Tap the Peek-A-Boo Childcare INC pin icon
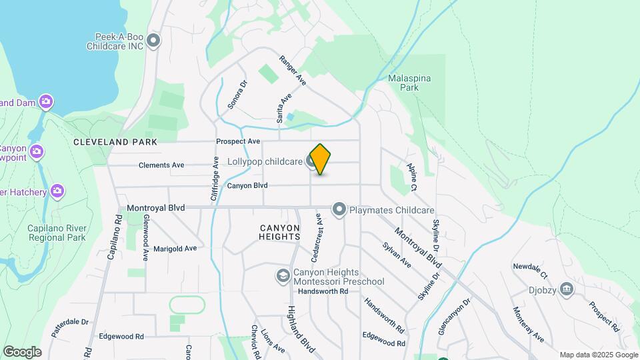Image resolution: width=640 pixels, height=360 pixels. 154,41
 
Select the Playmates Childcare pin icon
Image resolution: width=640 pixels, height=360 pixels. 339,210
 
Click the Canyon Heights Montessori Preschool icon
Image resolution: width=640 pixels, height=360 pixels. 283,275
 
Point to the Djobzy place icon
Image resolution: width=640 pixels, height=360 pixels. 567,289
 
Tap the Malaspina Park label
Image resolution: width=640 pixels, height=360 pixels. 409,83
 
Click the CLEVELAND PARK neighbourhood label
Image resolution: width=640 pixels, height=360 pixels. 115,142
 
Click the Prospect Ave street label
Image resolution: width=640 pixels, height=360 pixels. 238,141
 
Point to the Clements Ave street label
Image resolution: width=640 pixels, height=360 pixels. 161,165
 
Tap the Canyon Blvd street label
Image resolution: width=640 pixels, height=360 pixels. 247,185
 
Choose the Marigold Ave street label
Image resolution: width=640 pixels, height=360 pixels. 175,248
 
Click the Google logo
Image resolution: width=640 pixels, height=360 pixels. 22,352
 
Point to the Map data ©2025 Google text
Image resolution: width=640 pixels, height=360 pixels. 599,355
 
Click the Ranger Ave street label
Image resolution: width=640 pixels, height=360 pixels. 293,70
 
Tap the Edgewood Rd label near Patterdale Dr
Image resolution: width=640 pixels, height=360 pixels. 121,337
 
